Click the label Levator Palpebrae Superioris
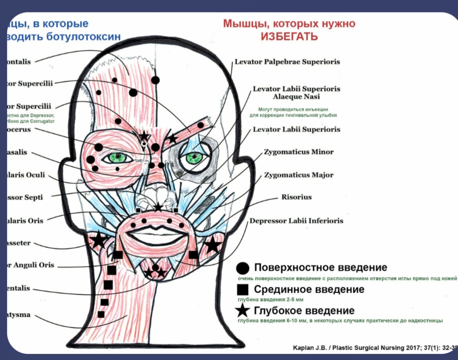click(x=287, y=62)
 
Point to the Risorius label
click(x=296, y=197)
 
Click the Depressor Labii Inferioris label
click(x=296, y=220)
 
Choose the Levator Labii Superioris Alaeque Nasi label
click(x=296, y=92)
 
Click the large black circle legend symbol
click(x=243, y=268)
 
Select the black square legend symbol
click(x=243, y=289)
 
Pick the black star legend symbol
click(x=243, y=311)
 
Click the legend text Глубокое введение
click(x=305, y=311)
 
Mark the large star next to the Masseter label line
click(x=98, y=240)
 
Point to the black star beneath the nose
click(x=158, y=207)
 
